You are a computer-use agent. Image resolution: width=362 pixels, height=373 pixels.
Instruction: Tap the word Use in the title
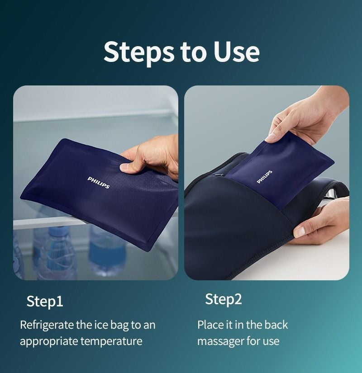point(236,51)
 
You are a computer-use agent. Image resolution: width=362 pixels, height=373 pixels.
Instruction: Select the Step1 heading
point(45,301)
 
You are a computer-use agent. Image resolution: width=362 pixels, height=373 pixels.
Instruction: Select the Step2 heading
point(224,299)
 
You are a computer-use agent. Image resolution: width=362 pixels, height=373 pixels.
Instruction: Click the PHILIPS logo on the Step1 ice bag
point(99,183)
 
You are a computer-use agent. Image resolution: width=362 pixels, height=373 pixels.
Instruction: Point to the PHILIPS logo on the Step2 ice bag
point(264,177)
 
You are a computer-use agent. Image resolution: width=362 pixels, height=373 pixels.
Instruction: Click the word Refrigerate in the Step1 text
point(47,325)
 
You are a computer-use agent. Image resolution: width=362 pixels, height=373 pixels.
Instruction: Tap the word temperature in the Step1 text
point(111,341)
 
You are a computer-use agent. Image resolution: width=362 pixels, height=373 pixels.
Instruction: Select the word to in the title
point(193,53)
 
